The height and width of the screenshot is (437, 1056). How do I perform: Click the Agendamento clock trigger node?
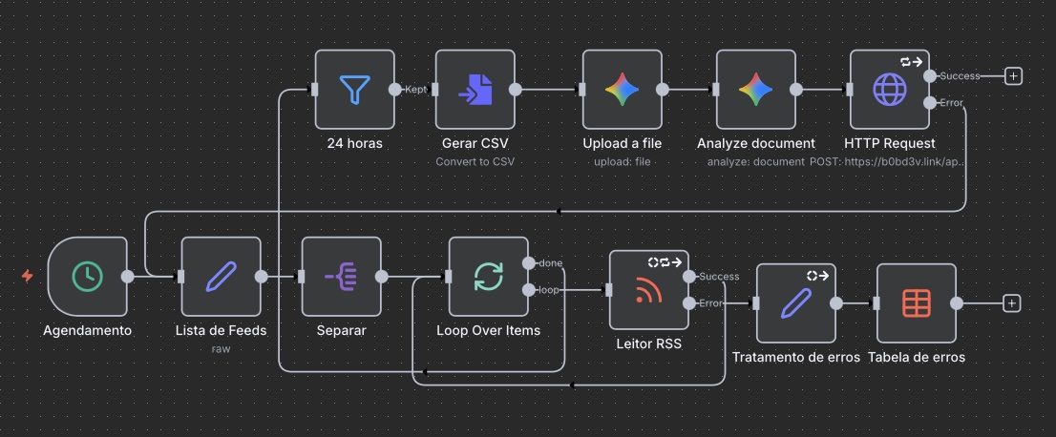(x=87, y=276)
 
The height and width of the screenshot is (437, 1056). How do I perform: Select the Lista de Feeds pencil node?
(x=221, y=276)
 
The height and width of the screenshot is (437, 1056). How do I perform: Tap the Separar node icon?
(x=341, y=276)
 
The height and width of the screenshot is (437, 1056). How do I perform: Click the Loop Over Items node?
(x=488, y=276)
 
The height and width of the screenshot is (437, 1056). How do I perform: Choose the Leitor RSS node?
(x=648, y=290)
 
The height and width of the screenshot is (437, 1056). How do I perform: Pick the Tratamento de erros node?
(x=795, y=303)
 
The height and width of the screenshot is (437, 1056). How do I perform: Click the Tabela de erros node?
(x=916, y=303)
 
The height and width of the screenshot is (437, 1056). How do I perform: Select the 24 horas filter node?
(x=354, y=90)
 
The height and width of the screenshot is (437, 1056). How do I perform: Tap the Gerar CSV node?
(x=475, y=90)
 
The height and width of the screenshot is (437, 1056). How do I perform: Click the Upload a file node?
(x=622, y=90)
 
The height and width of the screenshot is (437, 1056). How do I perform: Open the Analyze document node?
(x=755, y=90)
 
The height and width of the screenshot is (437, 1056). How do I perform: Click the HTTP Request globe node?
(x=889, y=90)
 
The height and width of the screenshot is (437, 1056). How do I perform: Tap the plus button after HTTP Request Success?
(x=1013, y=75)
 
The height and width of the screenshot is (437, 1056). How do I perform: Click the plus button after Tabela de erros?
(x=1012, y=303)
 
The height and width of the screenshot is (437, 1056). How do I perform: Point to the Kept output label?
(x=415, y=89)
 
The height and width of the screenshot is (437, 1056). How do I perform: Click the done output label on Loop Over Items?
(x=550, y=262)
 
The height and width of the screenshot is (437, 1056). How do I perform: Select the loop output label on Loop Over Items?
(x=550, y=289)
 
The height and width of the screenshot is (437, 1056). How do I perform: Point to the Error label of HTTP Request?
(x=951, y=102)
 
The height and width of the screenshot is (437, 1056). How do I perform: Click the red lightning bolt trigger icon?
(x=28, y=276)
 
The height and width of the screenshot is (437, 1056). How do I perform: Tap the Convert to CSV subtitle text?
(x=475, y=161)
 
